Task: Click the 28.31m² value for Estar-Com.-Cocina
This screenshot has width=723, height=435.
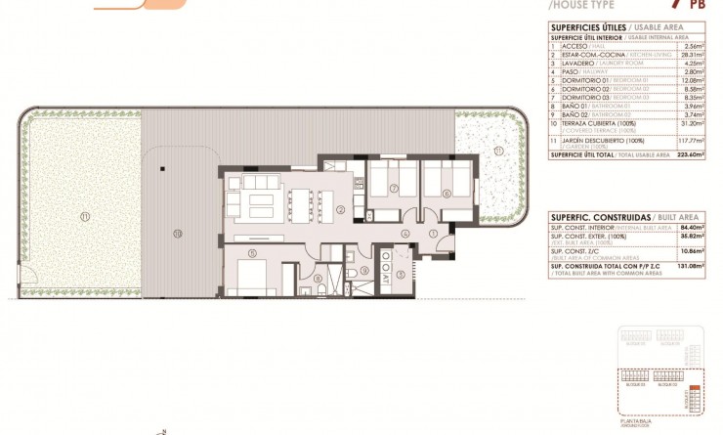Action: (695, 55)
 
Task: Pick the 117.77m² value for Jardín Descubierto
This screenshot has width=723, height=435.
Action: (692, 138)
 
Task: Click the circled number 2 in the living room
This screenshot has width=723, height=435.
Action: (339, 209)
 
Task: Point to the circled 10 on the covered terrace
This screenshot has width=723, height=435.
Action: (177, 233)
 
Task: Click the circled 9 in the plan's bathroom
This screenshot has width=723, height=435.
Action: (363, 271)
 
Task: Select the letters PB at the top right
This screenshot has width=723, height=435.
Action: (698, 5)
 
